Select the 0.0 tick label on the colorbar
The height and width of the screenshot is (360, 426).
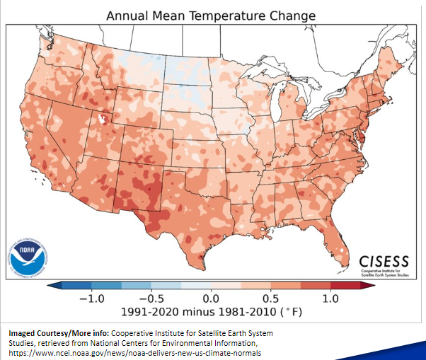coord(210,298)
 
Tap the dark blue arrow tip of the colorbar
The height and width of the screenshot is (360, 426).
coord(52,286)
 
